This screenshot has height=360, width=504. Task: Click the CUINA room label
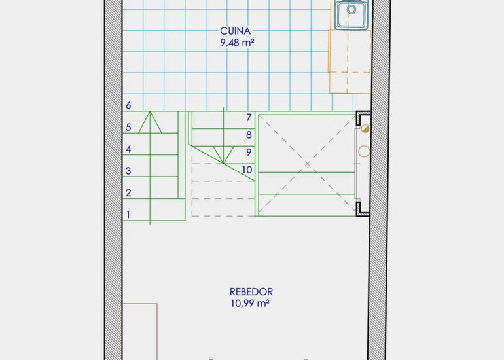[x=235, y=31]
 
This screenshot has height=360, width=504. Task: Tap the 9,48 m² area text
[x=238, y=43]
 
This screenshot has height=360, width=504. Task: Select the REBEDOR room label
[x=251, y=292]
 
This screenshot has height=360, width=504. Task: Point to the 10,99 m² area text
[x=250, y=303]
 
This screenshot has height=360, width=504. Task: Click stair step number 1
[x=128, y=215]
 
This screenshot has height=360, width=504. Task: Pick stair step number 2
[x=128, y=193]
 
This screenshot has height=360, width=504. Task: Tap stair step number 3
[x=128, y=171]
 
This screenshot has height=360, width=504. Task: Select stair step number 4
[x=128, y=149]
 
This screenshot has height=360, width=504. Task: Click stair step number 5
[x=128, y=127]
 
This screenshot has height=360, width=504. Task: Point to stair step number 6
[x=128, y=105]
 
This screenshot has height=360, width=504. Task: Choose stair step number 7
[x=249, y=118]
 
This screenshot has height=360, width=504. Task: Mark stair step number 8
[x=249, y=135]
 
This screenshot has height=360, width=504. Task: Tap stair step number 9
[x=249, y=152]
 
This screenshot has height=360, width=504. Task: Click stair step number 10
[x=247, y=170]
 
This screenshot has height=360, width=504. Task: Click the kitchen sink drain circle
[x=351, y=9]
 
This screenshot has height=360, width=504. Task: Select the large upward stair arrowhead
[x=150, y=122]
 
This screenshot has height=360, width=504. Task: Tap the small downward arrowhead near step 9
[x=223, y=155]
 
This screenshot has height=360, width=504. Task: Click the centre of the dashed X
[x=307, y=164]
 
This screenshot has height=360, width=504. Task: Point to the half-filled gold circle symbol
[x=365, y=129]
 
